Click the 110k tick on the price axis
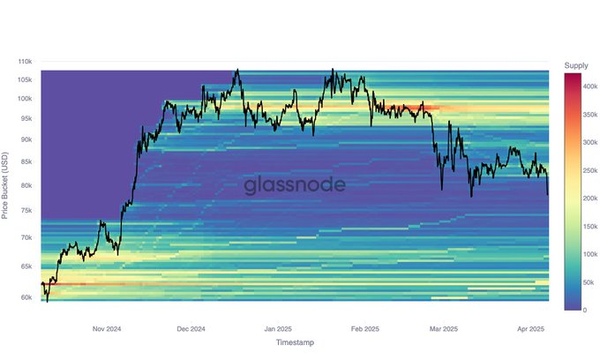click(25, 62)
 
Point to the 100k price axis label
click(25, 99)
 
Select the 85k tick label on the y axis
click(26, 161)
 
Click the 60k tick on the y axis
click(26, 297)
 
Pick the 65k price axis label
click(26, 266)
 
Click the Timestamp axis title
click(294, 342)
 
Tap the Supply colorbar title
click(576, 66)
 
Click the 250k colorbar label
click(591, 170)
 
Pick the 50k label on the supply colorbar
click(589, 282)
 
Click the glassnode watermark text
click(294, 184)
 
